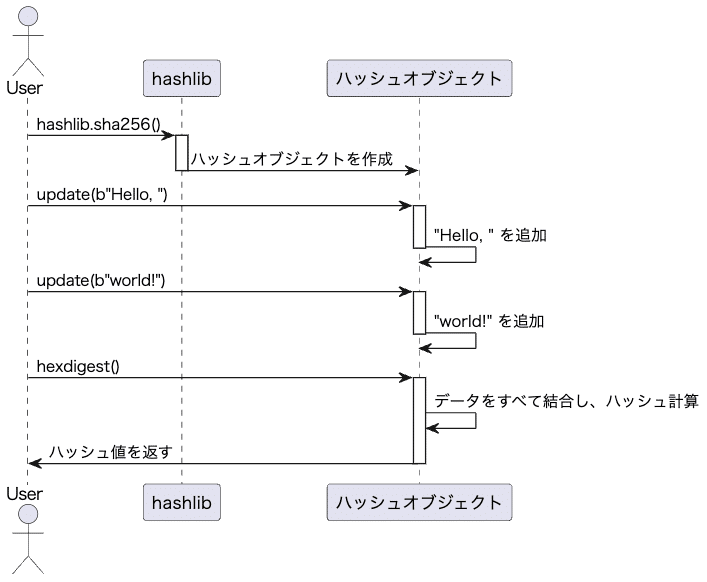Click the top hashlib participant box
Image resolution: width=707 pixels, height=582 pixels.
(x=181, y=78)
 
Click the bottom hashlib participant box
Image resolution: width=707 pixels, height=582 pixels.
(x=181, y=500)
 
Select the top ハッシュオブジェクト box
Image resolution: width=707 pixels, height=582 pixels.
(x=419, y=78)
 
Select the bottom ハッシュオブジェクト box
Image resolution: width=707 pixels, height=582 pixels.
(x=419, y=500)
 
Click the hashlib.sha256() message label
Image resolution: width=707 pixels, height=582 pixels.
(x=98, y=124)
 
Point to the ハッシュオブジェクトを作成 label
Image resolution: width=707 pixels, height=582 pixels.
(x=291, y=159)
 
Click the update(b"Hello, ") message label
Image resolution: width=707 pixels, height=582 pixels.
(x=102, y=194)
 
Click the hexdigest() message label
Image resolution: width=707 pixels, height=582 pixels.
(x=78, y=366)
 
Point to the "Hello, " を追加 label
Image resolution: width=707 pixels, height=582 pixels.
(x=490, y=235)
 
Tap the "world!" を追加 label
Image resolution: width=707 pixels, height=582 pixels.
(x=489, y=321)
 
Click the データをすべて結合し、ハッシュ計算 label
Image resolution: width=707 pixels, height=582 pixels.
(x=565, y=401)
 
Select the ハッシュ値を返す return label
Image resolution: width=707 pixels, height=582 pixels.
(x=117, y=452)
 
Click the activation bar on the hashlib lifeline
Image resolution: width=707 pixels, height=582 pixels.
(x=182, y=152)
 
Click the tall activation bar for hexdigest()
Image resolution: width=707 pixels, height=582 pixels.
(x=420, y=420)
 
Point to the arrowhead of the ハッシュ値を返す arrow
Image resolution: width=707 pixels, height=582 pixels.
(x=34, y=463)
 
